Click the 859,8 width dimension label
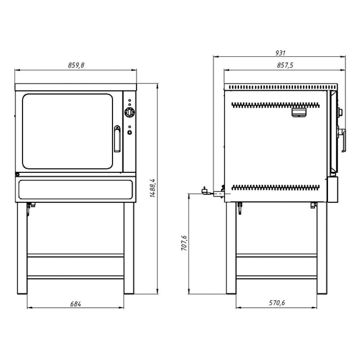(x=76, y=65)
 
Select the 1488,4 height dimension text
(x=152, y=188)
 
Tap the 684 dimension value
(x=76, y=304)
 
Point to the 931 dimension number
(x=280, y=53)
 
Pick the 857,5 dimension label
(x=285, y=65)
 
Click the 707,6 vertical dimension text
(x=184, y=243)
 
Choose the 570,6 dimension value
(x=277, y=303)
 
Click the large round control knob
(x=130, y=112)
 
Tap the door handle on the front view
(x=117, y=139)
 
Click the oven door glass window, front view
(x=68, y=131)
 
